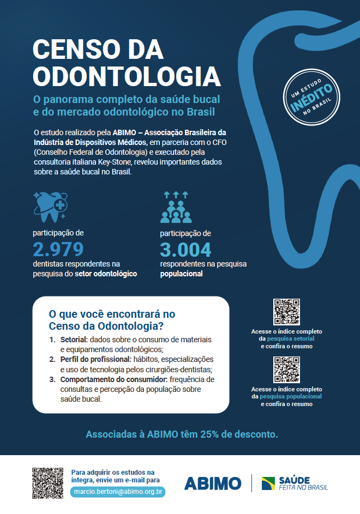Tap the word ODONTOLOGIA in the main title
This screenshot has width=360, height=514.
point(127,76)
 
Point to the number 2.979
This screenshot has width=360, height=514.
point(58,249)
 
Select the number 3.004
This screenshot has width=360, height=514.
point(185,250)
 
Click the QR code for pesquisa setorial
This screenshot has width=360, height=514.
point(287,312)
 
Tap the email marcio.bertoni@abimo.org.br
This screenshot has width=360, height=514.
point(118,491)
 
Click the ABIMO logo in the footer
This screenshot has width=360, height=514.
point(213,483)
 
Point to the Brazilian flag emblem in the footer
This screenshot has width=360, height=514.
point(268,483)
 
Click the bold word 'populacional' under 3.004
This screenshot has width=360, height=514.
point(181,274)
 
